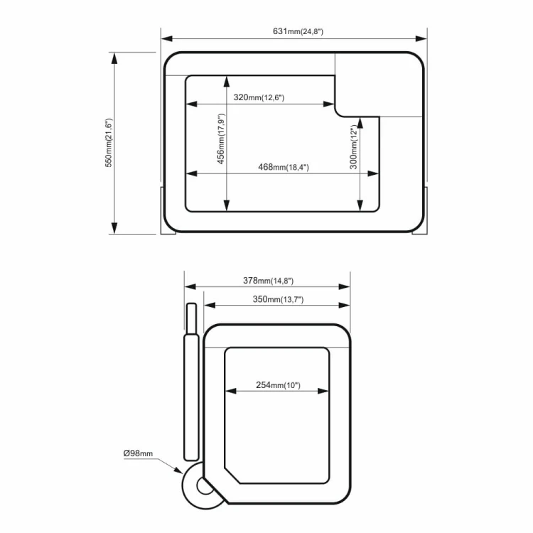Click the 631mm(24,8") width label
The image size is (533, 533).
(x=298, y=31)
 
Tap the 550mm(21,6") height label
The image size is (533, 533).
(x=109, y=143)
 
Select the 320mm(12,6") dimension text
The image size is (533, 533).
(x=259, y=97)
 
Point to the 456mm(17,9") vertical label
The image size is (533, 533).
(x=221, y=139)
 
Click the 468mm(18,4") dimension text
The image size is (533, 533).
(x=284, y=167)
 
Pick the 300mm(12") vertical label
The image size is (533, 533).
(x=354, y=147)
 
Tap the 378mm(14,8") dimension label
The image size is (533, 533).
(x=268, y=281)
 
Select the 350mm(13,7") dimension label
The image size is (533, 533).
(x=278, y=299)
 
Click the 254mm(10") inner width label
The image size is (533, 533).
(x=278, y=384)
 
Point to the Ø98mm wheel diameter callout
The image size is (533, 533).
(x=138, y=453)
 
